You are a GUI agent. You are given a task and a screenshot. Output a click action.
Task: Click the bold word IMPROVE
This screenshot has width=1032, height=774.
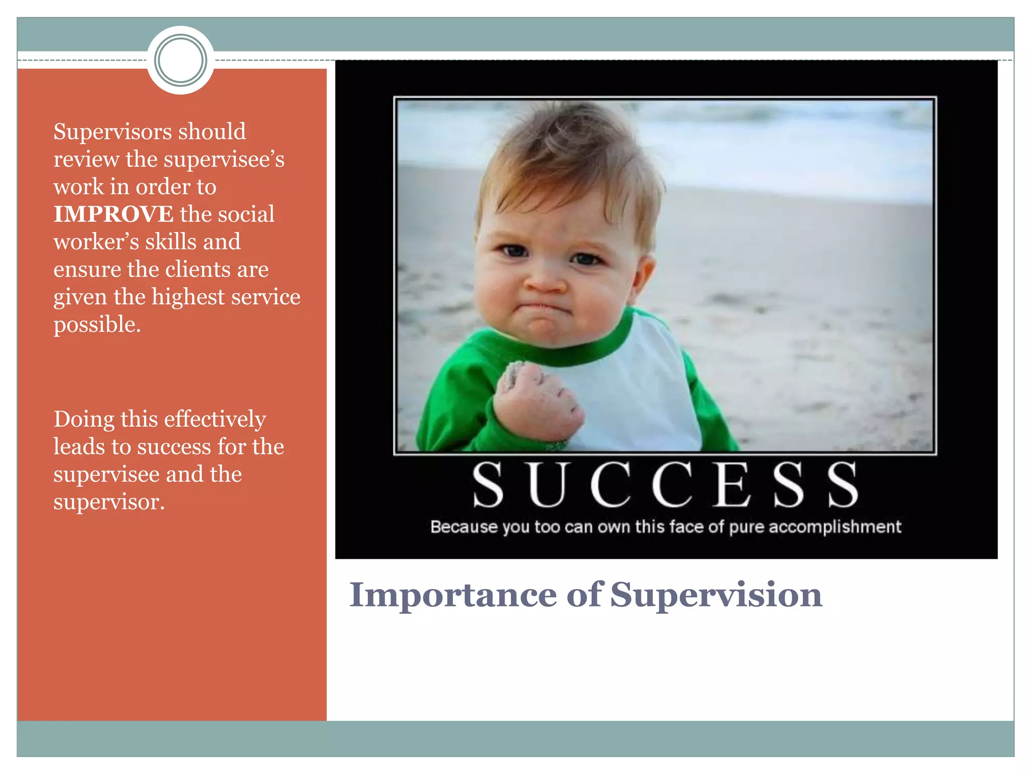[x=113, y=214]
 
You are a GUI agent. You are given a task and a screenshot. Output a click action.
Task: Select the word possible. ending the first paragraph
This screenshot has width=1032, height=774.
[x=97, y=325]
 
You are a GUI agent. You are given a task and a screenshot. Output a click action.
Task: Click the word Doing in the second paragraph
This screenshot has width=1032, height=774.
[x=84, y=420]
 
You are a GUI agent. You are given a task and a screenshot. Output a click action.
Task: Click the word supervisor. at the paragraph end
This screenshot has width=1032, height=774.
[x=109, y=502]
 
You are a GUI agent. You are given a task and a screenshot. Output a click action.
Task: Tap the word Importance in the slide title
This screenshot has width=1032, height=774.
[x=453, y=595]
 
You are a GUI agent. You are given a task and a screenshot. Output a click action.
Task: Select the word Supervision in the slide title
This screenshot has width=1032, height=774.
[x=716, y=595]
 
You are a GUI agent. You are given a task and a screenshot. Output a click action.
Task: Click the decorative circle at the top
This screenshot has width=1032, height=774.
[x=180, y=60]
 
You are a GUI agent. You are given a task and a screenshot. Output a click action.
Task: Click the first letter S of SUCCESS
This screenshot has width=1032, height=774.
[x=488, y=484]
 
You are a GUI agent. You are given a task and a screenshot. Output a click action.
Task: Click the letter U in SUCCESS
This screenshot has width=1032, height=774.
[x=547, y=484]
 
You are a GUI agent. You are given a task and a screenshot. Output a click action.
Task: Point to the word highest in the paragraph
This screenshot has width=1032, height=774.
[x=188, y=297]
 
